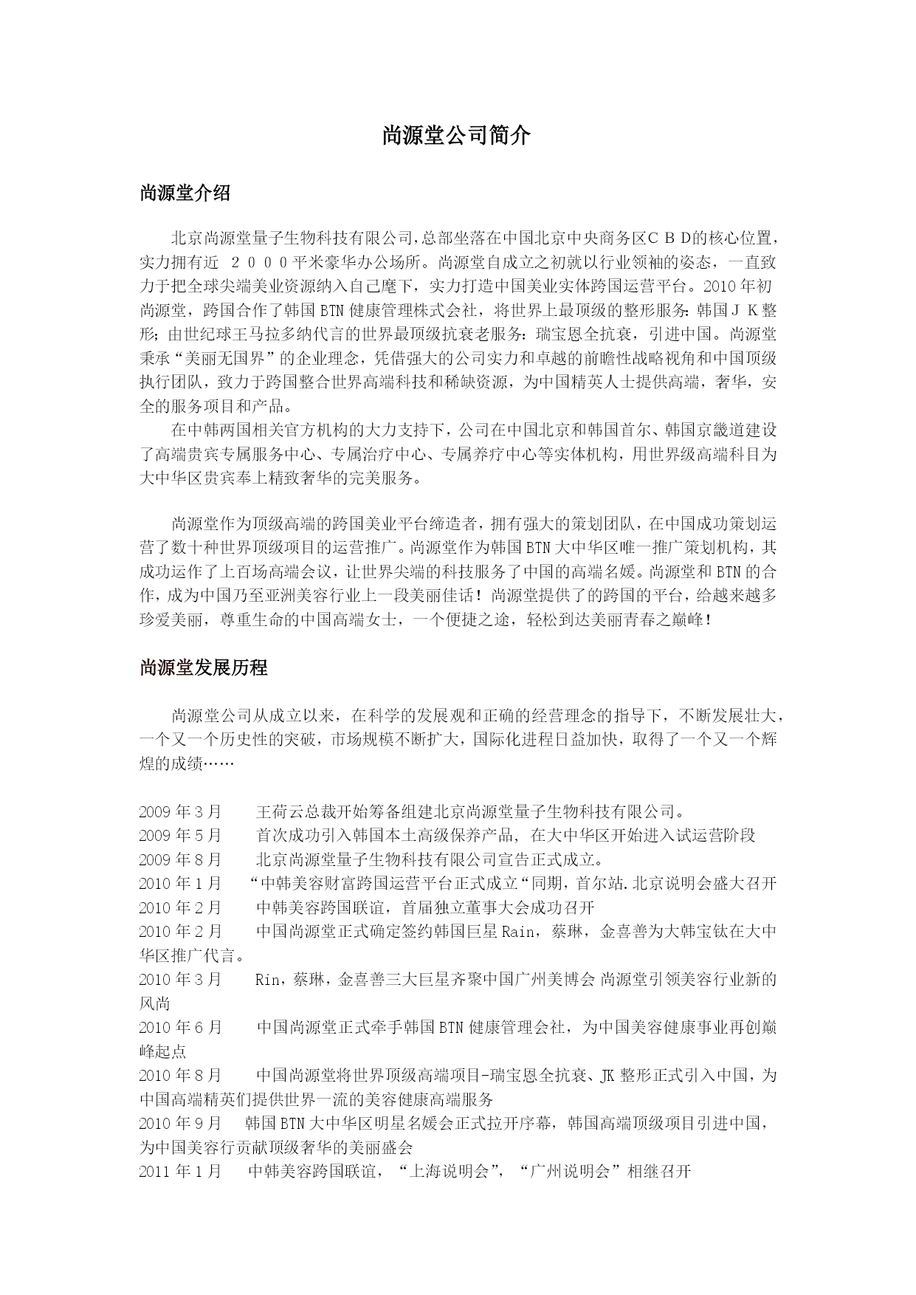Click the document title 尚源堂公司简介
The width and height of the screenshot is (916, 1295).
[456, 136]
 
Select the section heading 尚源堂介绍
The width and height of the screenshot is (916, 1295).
[185, 194]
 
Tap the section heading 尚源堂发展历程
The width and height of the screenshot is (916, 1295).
[203, 668]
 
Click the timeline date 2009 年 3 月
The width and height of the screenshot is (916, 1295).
[180, 812]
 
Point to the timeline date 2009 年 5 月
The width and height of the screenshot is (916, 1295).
[180, 836]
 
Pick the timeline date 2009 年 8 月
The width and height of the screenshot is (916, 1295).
[180, 860]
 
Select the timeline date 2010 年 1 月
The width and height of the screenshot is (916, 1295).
[180, 884]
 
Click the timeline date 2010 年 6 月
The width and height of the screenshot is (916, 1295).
[180, 1028]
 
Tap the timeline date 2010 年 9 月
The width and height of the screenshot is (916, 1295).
[180, 1124]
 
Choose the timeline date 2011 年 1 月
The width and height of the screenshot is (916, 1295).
[180, 1172]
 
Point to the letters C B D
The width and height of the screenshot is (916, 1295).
[669, 238]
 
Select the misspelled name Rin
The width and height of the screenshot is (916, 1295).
[267, 980]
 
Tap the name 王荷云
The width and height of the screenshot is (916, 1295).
[279, 812]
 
